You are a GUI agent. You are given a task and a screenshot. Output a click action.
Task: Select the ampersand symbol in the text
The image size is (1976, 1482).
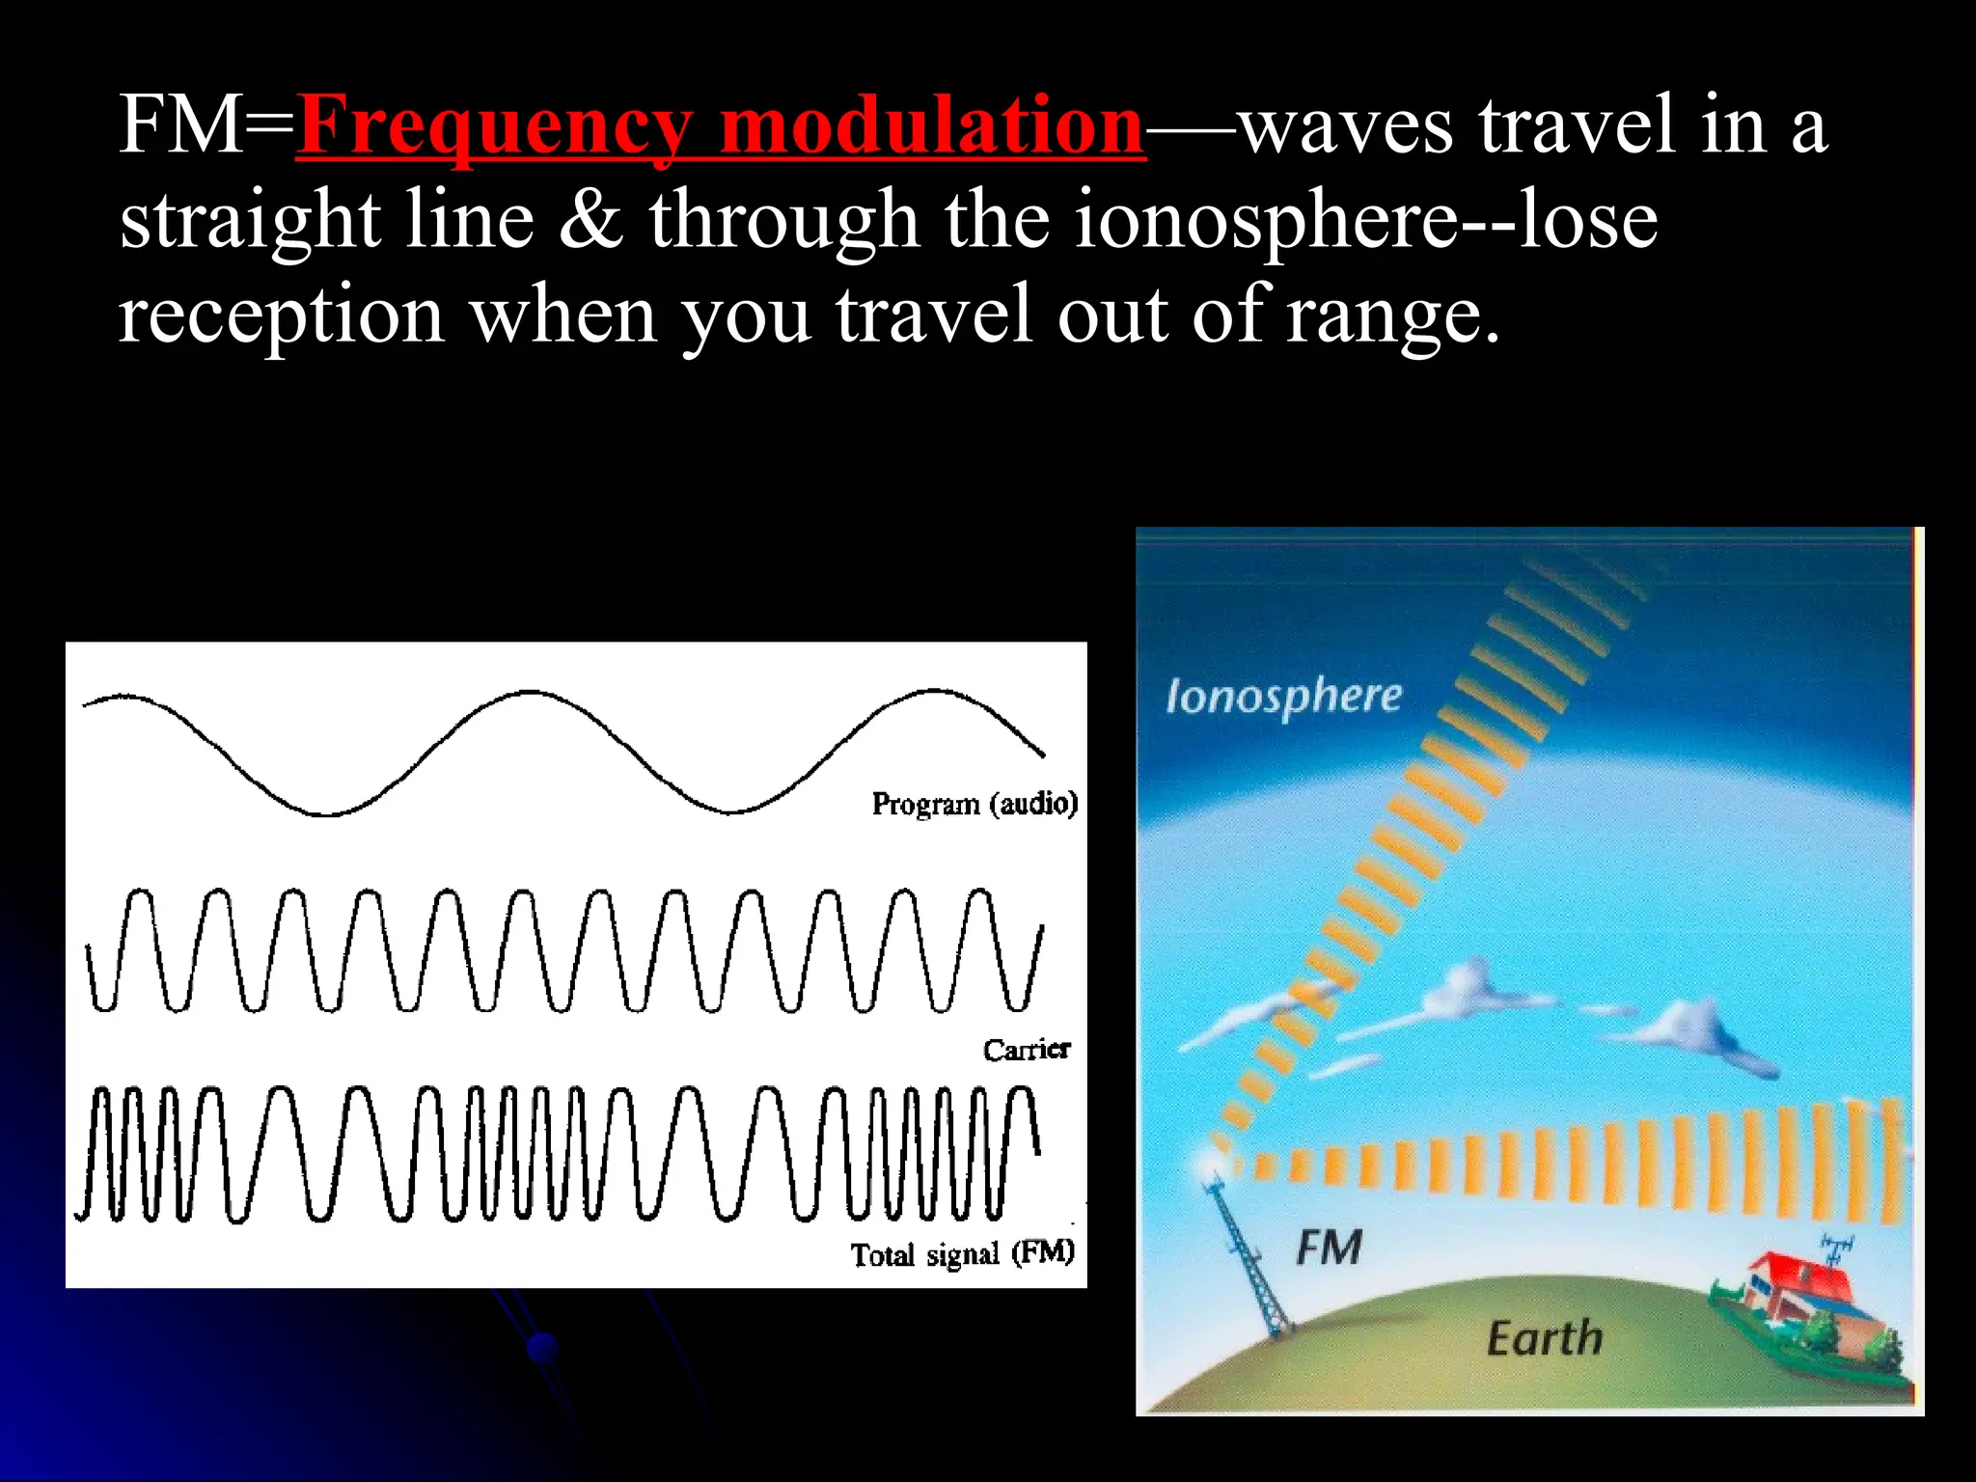point(591,220)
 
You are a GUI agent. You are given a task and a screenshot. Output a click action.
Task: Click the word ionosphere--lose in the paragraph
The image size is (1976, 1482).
point(1365,220)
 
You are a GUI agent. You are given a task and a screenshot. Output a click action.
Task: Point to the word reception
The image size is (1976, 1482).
point(281,315)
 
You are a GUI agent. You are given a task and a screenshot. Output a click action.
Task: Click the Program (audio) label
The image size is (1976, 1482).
point(974,804)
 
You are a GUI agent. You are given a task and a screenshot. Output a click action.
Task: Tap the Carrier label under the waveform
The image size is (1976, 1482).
point(1027,1050)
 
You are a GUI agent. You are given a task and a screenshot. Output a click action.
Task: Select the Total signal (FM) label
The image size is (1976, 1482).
point(962,1253)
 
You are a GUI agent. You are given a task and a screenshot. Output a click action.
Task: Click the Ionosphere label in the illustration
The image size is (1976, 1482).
point(1283,697)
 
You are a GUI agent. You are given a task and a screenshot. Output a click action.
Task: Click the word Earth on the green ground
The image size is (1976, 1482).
point(1544,1339)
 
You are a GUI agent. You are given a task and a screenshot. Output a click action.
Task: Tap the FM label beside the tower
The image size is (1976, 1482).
point(1329,1248)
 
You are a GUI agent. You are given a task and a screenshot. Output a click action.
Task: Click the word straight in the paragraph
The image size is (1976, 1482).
point(250,220)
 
